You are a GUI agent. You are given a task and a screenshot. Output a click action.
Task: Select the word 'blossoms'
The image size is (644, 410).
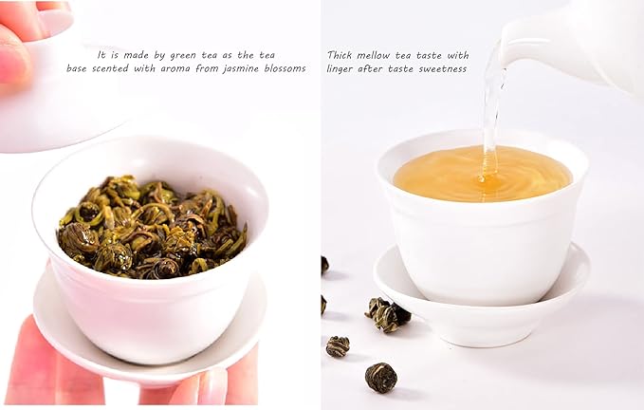click(x=287, y=68)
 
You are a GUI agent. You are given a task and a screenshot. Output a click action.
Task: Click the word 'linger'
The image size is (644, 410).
click(x=342, y=68)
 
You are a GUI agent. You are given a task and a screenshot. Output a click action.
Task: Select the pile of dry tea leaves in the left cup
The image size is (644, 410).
click(x=152, y=226)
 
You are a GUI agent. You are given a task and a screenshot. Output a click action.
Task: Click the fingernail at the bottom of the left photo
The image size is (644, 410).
click(x=213, y=387)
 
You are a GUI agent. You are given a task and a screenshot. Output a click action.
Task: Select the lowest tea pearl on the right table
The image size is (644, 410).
click(x=380, y=377)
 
